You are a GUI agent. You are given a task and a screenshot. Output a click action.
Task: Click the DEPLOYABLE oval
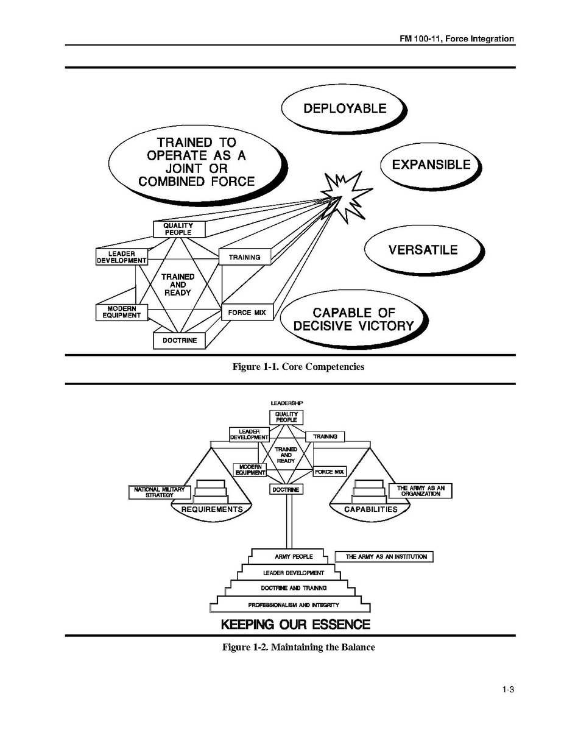click(344, 108)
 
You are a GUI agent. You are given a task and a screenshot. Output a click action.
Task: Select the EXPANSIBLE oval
click(431, 165)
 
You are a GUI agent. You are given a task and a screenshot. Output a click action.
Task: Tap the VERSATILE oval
click(423, 250)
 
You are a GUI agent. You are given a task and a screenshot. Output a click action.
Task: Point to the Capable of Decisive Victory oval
click(353, 320)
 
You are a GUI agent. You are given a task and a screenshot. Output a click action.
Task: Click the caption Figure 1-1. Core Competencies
click(298, 367)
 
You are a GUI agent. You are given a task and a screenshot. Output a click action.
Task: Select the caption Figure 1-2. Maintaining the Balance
click(298, 647)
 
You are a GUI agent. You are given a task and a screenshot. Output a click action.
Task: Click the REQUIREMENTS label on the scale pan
click(212, 509)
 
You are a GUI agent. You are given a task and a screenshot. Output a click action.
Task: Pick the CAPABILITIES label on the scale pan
click(370, 509)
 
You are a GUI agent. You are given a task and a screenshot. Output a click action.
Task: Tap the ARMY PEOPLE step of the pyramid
click(294, 556)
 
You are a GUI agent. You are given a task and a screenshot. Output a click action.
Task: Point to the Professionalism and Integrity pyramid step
click(293, 605)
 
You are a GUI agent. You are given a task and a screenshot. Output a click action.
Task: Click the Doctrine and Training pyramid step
click(294, 588)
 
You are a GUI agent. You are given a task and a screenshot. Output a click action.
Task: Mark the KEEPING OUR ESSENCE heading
click(295, 625)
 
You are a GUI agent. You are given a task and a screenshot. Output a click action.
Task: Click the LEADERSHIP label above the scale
click(287, 403)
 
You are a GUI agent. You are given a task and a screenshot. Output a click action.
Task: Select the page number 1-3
click(509, 690)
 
